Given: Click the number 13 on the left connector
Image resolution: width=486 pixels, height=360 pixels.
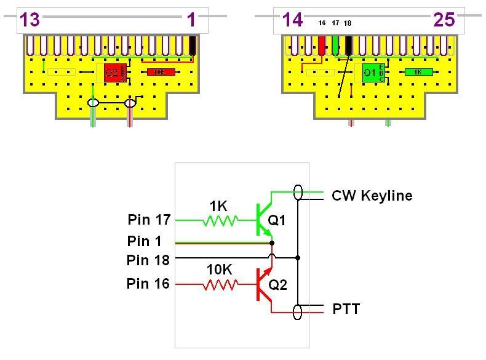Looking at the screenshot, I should point(30,20).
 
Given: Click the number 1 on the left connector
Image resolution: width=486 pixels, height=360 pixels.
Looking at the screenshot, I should point(191,20).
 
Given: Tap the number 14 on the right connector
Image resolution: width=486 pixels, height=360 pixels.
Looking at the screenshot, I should point(293,20).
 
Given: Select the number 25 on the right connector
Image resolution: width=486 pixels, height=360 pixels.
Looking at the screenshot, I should point(444,20).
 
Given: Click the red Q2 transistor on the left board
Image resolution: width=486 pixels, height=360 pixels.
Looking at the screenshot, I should point(112,73).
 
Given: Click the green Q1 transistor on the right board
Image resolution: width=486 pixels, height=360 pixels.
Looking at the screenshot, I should point(370,73).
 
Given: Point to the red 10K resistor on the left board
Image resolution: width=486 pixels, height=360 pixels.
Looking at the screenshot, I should point(159,72).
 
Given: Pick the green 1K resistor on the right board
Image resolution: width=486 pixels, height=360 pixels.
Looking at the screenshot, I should point(418,72).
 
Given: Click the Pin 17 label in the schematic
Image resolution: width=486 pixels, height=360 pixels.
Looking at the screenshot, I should point(149,220).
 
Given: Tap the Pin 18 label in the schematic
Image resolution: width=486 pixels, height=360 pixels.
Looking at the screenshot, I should point(149,260).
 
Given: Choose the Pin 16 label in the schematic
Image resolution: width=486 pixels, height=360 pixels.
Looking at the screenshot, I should point(149,284).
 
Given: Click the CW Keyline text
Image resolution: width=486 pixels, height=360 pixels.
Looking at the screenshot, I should point(372,196).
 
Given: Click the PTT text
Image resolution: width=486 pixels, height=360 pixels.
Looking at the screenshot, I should point(346,308).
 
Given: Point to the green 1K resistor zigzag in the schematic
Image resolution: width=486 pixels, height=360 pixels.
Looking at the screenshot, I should point(220,220).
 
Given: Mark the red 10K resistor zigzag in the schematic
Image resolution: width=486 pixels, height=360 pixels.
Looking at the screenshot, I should point(220,284).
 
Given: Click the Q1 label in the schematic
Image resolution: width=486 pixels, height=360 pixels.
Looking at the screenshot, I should point(278,220).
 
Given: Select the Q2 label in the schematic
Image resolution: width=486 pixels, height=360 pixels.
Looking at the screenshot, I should point(278,286).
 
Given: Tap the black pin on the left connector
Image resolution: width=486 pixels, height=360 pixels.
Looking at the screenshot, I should point(193,44).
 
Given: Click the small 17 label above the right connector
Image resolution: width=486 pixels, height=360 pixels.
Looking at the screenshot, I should point(335,23).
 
